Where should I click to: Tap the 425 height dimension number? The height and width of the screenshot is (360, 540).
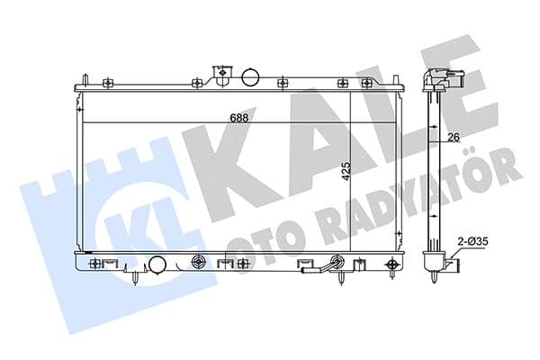coord(346,170)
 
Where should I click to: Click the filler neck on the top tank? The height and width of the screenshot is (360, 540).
coord(221,73)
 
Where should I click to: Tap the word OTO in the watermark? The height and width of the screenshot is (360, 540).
coord(255,238)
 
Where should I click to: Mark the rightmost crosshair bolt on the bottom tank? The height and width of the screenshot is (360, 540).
coord(392,265)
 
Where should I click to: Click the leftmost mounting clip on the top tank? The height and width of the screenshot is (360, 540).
coord(107,84)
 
